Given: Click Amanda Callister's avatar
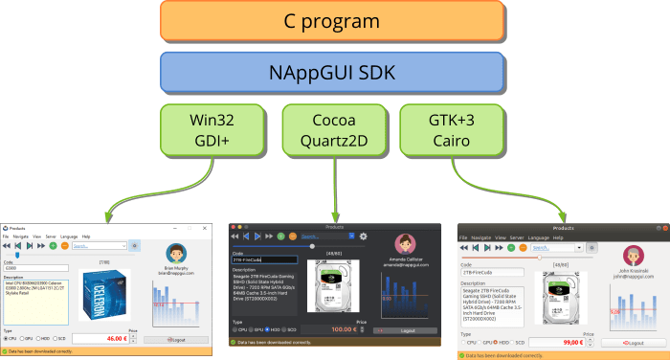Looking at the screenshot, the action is coord(404,244).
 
